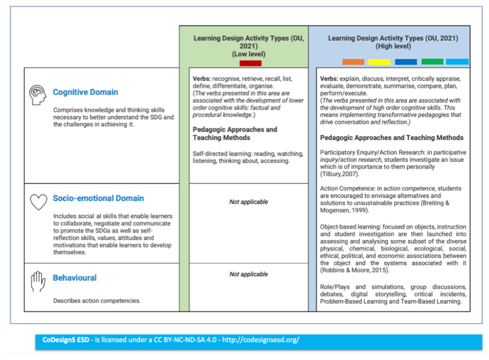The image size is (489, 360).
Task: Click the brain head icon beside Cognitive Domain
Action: (x=38, y=94)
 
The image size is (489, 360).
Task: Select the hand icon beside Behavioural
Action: (x=38, y=281)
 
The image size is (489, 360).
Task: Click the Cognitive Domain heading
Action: (x=85, y=92)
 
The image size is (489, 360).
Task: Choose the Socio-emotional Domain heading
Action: (x=98, y=198)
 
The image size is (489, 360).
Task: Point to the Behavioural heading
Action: (x=74, y=278)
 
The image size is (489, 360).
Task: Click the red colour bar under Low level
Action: (x=247, y=63)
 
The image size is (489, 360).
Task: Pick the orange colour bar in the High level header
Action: (x=353, y=62)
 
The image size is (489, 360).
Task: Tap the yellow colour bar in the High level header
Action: (x=379, y=62)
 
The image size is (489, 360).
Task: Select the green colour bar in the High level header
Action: (x=432, y=62)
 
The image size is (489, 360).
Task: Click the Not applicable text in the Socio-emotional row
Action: (x=248, y=202)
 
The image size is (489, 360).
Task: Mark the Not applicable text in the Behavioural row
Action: (x=248, y=274)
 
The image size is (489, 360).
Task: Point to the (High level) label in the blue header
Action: (x=393, y=46)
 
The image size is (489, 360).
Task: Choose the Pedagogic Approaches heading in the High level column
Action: (x=392, y=138)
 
